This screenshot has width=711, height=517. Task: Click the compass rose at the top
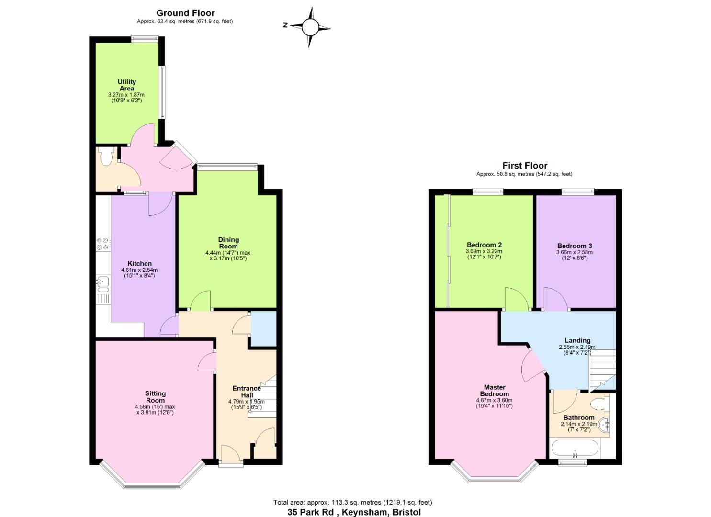[310, 27]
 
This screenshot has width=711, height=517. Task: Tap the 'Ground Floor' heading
[185, 13]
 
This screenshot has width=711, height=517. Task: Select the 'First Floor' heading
[524, 166]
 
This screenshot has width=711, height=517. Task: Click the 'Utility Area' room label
[127, 85]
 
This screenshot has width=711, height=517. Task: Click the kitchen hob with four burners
[103, 244]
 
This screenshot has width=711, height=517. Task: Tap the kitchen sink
[102, 283]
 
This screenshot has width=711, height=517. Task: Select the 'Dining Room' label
[228, 243]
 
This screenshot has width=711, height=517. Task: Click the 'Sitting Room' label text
[155, 397]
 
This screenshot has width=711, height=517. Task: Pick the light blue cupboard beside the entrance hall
[264, 328]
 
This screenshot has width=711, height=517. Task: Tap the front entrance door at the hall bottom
[230, 454]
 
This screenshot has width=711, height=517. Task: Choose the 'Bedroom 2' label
[484, 245]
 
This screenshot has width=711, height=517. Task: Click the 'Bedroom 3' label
[574, 246]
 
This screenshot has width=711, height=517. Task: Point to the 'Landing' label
[577, 340]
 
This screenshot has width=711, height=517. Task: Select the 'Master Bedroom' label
[494, 391]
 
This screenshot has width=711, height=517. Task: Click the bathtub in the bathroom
[575, 449]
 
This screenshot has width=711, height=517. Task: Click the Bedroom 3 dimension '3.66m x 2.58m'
[574, 252]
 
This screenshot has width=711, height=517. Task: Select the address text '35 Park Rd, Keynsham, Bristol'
[354, 512]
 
